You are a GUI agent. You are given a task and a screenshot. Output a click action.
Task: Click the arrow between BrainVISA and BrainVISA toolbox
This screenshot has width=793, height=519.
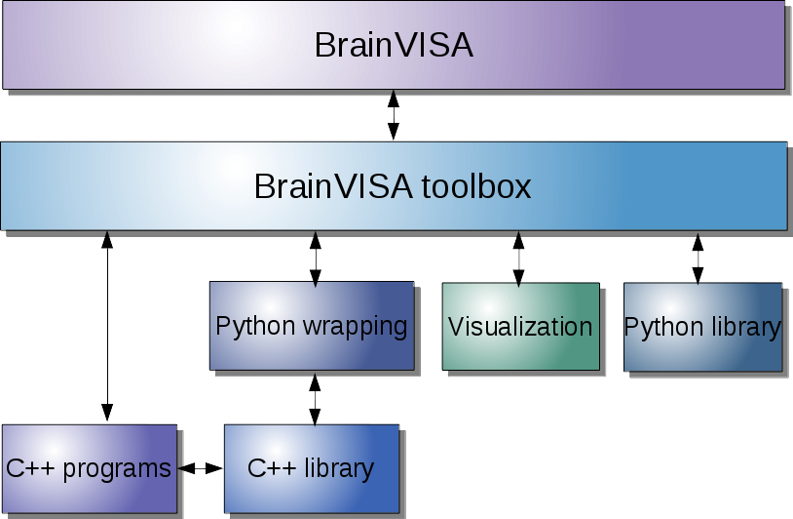(x=394, y=115)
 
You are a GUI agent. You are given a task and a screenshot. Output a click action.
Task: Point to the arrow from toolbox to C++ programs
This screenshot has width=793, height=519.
(x=107, y=327)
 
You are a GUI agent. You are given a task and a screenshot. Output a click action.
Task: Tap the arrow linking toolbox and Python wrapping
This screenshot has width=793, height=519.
(x=315, y=258)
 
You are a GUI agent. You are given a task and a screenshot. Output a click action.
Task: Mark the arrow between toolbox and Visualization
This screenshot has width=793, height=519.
(x=518, y=258)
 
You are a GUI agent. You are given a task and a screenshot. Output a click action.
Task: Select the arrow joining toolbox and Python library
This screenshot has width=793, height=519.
(x=698, y=258)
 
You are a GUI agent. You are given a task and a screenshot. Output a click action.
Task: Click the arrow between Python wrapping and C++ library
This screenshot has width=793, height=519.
(x=314, y=398)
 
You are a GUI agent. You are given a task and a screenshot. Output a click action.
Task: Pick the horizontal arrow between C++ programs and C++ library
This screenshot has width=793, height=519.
(x=201, y=469)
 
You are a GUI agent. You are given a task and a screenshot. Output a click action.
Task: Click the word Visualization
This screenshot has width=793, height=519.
(x=520, y=327)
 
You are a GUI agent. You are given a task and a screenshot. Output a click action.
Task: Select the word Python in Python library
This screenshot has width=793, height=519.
(x=659, y=327)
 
